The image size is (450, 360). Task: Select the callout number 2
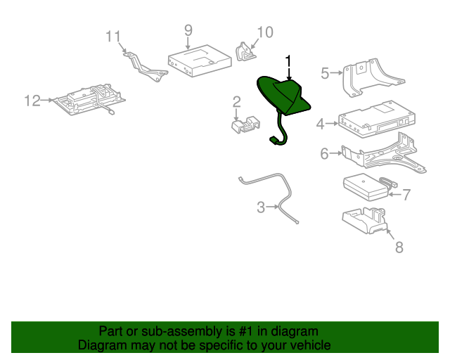pyautogui.click(x=237, y=102)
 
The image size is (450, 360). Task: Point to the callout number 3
pyautogui.click(x=260, y=207)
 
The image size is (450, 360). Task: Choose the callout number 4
pyautogui.click(x=321, y=124)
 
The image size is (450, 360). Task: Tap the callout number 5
pyautogui.click(x=325, y=72)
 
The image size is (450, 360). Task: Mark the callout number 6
pyautogui.click(x=324, y=153)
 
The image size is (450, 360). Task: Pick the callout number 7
pyautogui.click(x=406, y=195)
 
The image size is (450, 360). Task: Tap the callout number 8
pyautogui.click(x=399, y=247)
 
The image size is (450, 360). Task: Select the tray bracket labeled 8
pyautogui.click(x=364, y=220)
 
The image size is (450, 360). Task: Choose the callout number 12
pyautogui.click(x=32, y=101)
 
